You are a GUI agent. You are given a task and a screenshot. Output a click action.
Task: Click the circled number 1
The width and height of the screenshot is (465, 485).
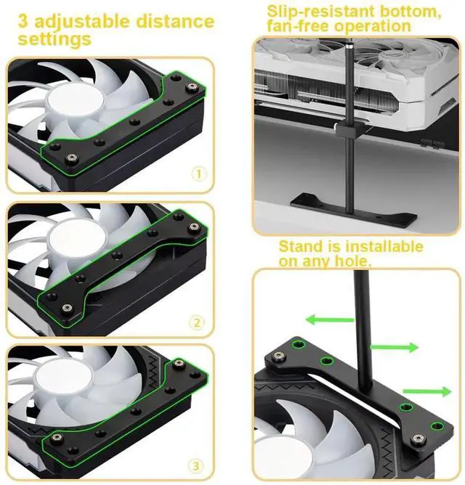(x=198, y=175)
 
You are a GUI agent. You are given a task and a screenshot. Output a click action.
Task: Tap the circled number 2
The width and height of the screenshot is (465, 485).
(x=196, y=322)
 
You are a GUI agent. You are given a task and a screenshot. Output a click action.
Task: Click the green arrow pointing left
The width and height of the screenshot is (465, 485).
(x=330, y=319)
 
